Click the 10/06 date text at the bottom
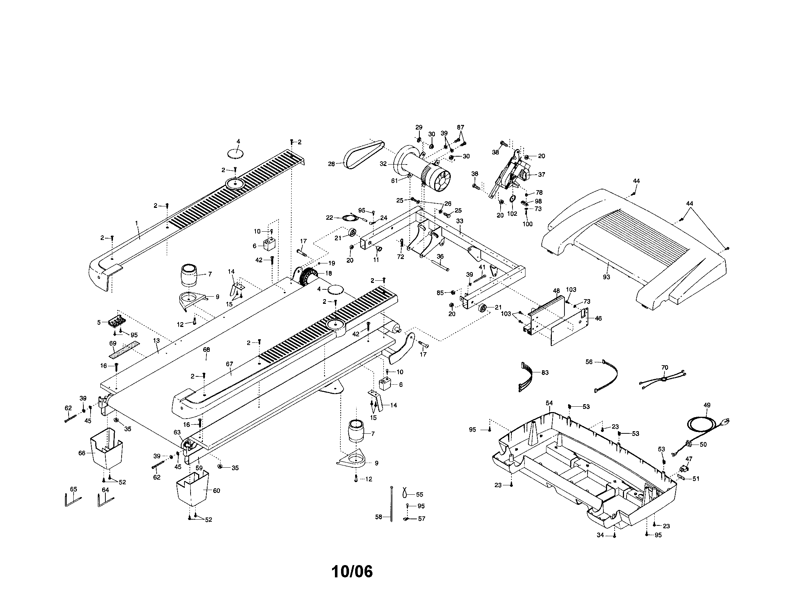pyautogui.click(x=352, y=572)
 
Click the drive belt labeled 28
pyautogui.click(x=363, y=154)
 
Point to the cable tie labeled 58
pyautogui.click(x=391, y=505)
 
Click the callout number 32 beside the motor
pyautogui.click(x=383, y=164)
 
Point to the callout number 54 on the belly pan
pyautogui.click(x=549, y=403)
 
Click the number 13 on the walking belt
pyautogui.click(x=156, y=341)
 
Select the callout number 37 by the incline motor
pyautogui.click(x=541, y=174)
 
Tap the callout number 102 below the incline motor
pyautogui.click(x=512, y=214)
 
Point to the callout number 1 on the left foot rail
pyautogui.click(x=137, y=222)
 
